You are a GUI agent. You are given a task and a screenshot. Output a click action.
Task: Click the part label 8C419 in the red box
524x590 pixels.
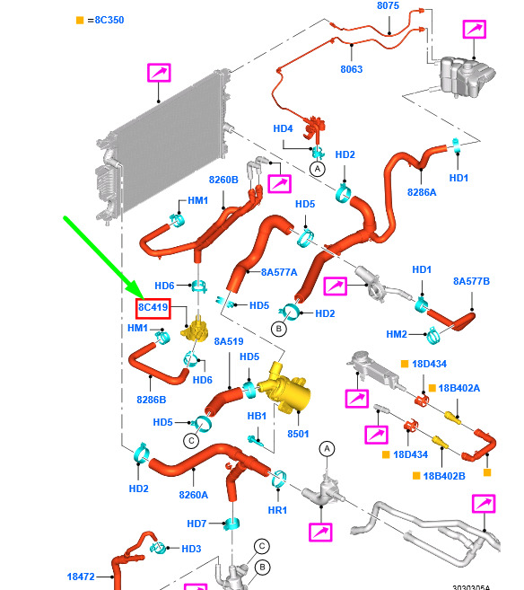(153, 307)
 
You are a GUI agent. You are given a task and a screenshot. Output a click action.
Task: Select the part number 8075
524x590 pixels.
(388, 5)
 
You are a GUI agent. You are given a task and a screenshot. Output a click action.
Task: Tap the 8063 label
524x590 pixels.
(352, 69)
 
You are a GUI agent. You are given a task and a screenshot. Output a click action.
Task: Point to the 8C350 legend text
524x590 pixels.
(109, 20)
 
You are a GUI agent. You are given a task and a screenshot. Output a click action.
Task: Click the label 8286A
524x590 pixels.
(422, 192)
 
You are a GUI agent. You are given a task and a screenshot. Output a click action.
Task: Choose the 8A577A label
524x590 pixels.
(279, 272)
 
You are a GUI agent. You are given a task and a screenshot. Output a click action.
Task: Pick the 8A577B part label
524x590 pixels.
(471, 281)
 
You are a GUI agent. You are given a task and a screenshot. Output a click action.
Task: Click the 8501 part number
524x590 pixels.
(298, 434)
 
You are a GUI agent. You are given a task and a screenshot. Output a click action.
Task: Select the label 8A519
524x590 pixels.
(229, 341)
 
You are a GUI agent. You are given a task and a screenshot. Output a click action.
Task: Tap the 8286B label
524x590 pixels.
(151, 400)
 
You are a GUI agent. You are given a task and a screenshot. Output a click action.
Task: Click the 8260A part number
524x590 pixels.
(194, 495)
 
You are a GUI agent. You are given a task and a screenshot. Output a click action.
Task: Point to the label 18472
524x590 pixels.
(81, 577)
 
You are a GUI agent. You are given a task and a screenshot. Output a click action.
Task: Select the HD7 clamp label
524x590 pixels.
(196, 524)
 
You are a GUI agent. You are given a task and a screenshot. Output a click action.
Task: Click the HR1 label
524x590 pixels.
(277, 510)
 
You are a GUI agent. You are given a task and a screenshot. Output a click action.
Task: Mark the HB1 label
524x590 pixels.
(257, 416)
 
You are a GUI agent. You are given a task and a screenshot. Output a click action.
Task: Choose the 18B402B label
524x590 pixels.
(444, 476)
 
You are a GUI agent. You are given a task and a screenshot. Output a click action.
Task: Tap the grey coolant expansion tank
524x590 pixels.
(466, 76)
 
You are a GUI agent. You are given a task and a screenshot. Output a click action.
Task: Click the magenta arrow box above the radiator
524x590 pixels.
(159, 73)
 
